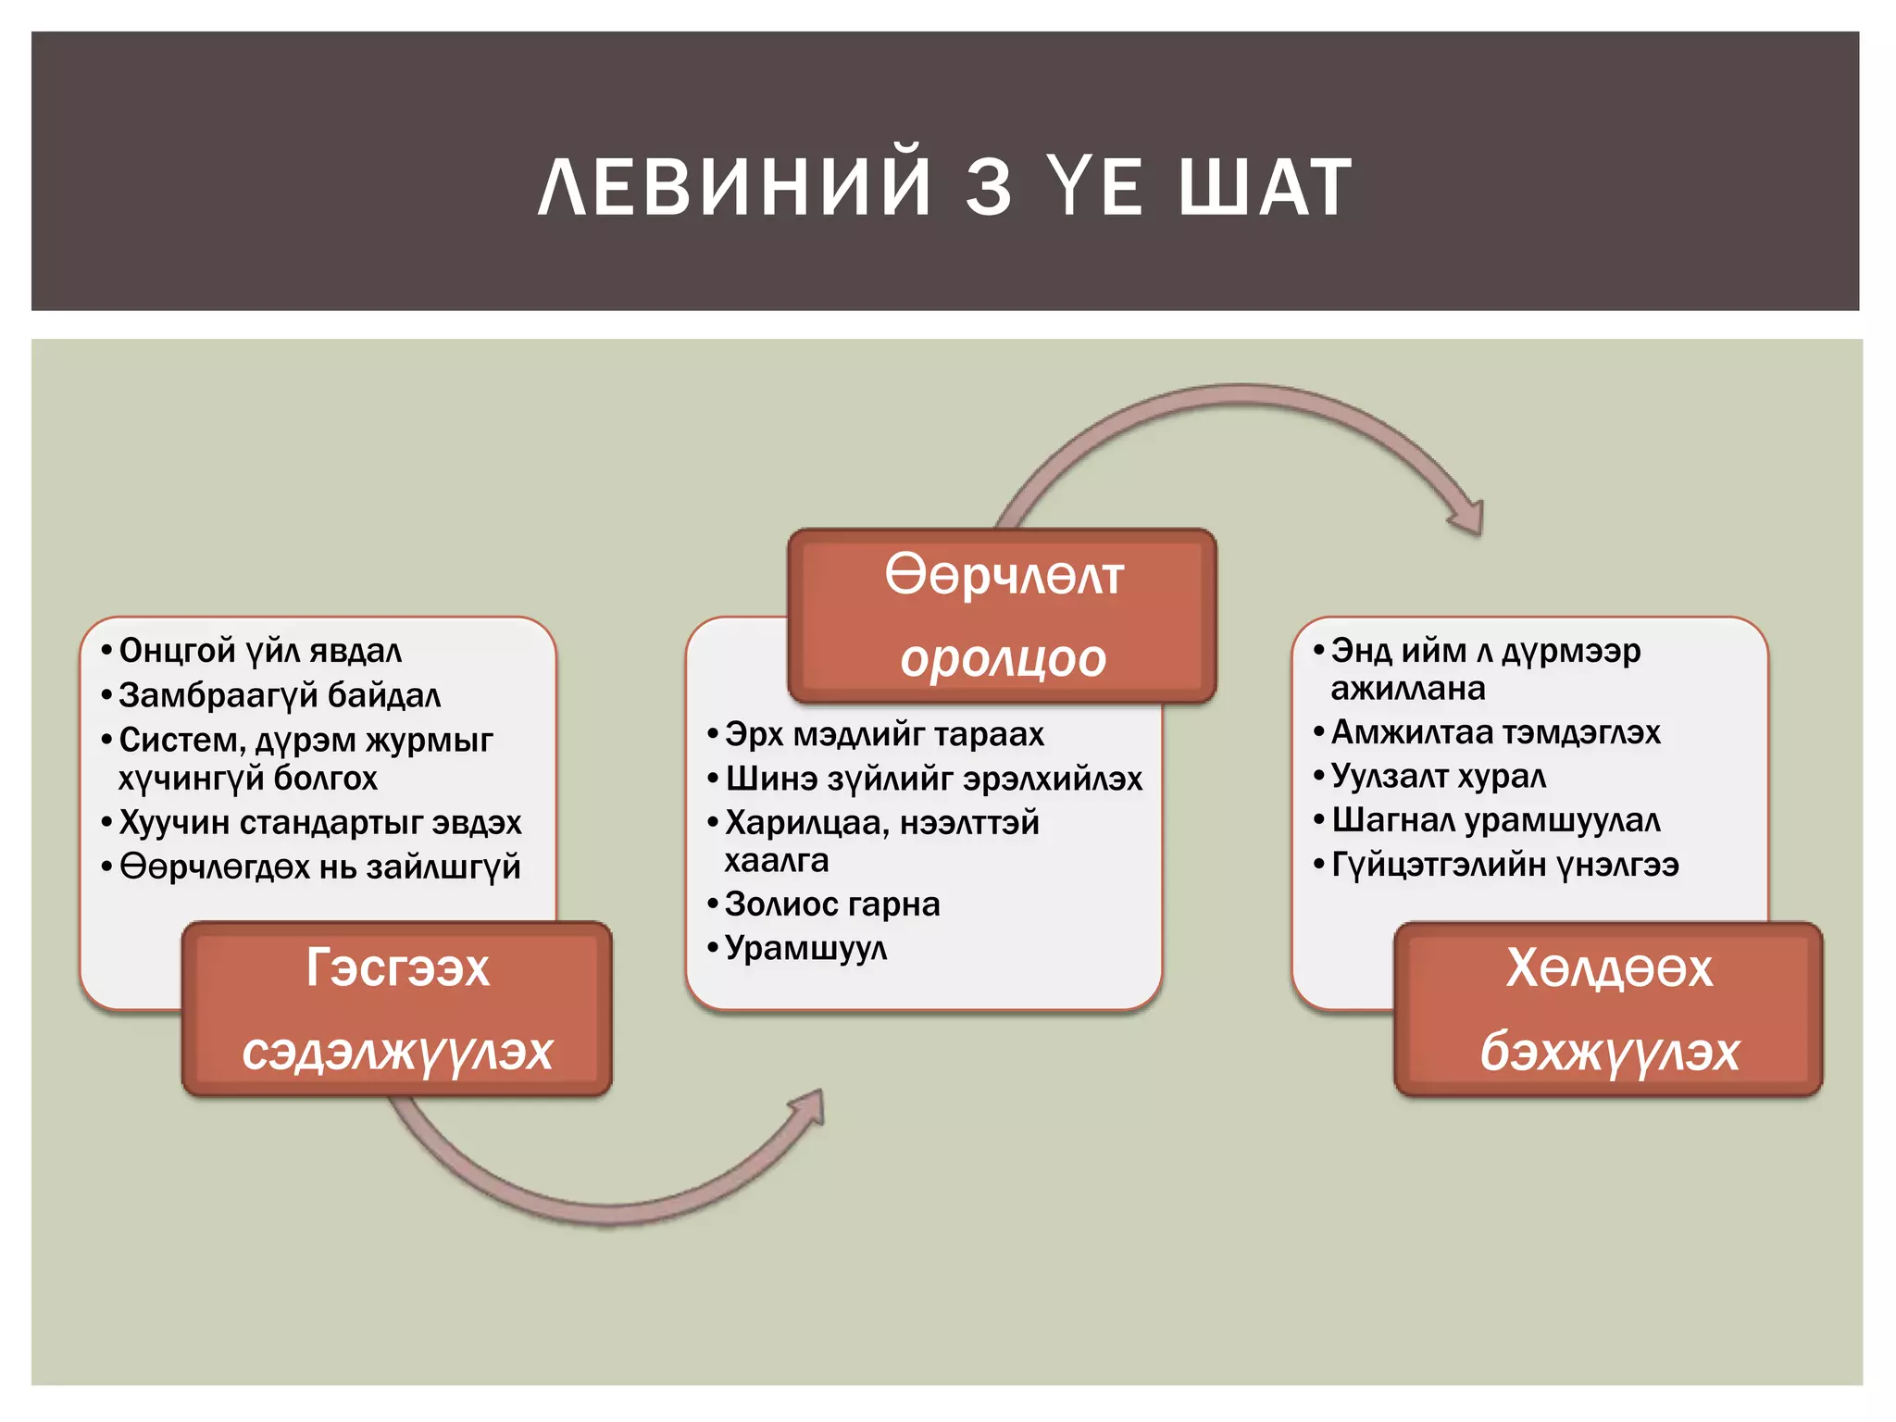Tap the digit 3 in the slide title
[989, 188]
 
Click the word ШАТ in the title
[1265, 188]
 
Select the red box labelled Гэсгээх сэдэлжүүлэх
[397, 1009]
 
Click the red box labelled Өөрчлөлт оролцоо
[1003, 616]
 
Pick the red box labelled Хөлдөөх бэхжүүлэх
[1609, 1009]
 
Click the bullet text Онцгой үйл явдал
[260, 651]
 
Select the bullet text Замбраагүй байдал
[280, 695]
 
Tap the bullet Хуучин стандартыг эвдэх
[320, 822]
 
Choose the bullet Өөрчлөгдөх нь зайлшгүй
[320, 867]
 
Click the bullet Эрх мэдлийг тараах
[884, 734]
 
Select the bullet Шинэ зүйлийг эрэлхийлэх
[933, 779]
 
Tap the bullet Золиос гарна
[832, 904]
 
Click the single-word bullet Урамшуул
[805, 949]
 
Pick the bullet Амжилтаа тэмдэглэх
[1495, 732]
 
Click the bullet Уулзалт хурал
[1438, 777]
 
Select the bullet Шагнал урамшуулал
[1495, 820]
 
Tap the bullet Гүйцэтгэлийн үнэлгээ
[1504, 865]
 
